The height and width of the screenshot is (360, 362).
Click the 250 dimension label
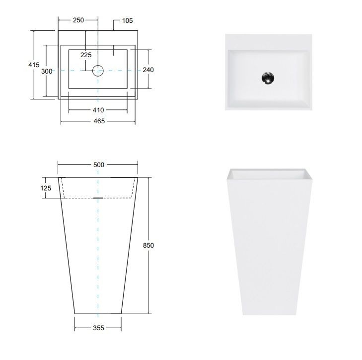point(78,20)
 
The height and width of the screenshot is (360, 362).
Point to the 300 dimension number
point(47,71)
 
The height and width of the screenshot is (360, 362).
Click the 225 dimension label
point(86,55)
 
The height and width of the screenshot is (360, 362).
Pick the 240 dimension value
point(148,70)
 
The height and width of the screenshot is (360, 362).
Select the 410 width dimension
point(98,110)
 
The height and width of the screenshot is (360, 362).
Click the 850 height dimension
point(148,245)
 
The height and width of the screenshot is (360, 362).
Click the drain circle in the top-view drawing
point(98,71)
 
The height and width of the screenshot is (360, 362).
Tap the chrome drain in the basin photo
point(268,78)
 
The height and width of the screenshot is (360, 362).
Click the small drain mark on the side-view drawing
point(98,198)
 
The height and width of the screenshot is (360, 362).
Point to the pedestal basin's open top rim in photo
point(268,174)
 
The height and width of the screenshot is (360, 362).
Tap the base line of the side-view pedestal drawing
point(98,314)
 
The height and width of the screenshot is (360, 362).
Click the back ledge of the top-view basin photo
point(268,42)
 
